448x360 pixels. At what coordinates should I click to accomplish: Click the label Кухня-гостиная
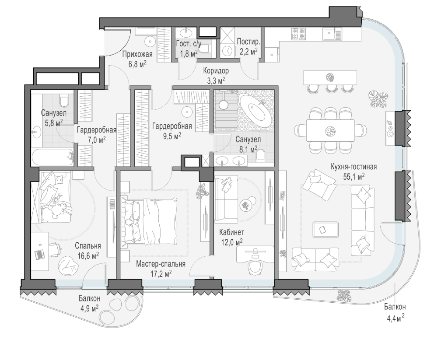(x=353, y=167)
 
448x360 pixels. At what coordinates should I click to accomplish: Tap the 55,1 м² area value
(x=353, y=177)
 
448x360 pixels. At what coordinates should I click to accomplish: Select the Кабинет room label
(x=232, y=232)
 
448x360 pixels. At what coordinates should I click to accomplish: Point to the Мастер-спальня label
(x=161, y=264)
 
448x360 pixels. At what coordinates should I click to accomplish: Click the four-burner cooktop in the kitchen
(x=298, y=34)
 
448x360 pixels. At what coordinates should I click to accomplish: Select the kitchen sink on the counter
(x=332, y=34)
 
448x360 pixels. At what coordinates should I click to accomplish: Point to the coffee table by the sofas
(x=325, y=229)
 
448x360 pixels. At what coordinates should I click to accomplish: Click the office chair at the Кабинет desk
(x=255, y=269)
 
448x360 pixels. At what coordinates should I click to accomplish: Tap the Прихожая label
(x=137, y=54)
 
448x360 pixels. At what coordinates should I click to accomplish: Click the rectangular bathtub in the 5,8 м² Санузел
(x=52, y=157)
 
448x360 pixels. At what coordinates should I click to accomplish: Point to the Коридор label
(x=216, y=71)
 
